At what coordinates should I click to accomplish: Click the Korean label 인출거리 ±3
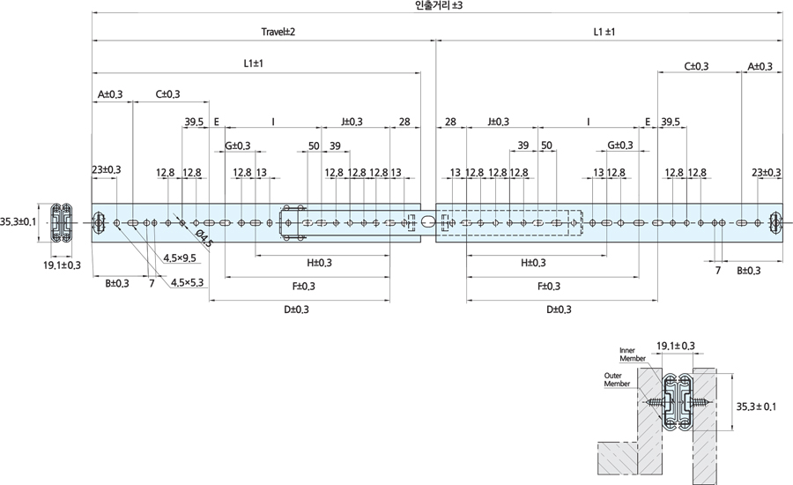[438, 6]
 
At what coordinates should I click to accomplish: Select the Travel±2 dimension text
[278, 32]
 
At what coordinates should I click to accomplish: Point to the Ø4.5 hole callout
[204, 238]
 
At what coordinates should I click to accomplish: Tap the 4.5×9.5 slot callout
[180, 257]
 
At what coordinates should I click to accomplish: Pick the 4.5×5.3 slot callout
[187, 282]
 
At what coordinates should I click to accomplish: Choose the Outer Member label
[617, 380]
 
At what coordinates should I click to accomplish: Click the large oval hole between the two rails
[428, 221]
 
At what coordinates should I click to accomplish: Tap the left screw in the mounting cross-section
[656, 402]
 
